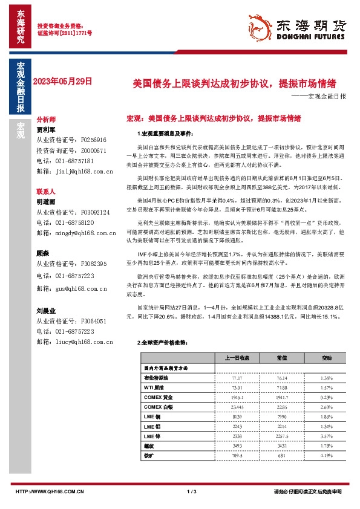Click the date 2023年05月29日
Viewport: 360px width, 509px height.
pyautogui.click(x=63, y=80)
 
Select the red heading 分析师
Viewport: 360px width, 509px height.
pyautogui.click(x=46, y=120)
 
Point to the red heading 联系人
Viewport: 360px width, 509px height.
pyautogui.click(x=46, y=190)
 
